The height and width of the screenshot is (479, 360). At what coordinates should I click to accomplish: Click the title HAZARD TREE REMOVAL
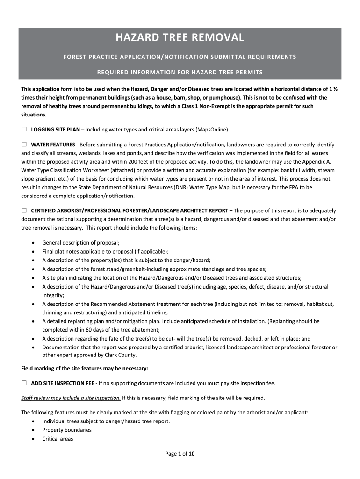180,38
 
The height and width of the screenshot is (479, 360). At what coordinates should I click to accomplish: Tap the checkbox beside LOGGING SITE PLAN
24,129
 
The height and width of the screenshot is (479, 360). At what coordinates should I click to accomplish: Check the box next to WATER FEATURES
24,144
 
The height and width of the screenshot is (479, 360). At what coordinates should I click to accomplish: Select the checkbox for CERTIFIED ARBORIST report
24,210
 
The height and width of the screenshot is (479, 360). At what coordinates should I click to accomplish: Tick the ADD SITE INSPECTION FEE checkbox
24,383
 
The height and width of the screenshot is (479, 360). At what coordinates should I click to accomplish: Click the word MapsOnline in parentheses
211,129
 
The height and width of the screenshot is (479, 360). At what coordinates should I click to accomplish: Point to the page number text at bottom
180,453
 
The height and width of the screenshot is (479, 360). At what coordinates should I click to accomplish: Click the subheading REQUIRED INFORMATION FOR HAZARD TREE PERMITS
180,73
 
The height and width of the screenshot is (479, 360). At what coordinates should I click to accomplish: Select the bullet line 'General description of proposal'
81,242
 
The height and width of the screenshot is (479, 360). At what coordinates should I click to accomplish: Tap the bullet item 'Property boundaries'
67,430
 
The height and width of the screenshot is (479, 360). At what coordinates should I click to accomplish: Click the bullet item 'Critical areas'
58,439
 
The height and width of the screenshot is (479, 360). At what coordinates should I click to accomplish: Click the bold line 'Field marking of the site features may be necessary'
85,368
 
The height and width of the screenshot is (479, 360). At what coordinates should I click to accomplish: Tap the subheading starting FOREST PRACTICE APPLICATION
180,57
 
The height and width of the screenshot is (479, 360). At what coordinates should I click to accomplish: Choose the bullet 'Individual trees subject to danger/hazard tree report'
106,421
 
